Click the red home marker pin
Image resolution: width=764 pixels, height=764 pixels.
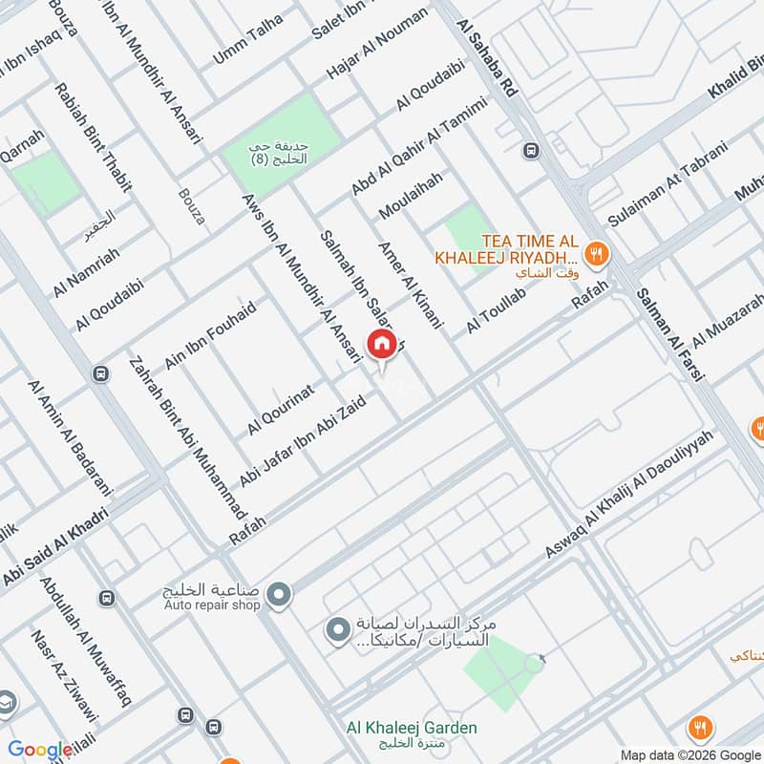[380, 345]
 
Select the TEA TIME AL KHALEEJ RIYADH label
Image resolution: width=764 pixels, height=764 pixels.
[506, 249]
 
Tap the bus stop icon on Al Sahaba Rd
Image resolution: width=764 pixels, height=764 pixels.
[530, 150]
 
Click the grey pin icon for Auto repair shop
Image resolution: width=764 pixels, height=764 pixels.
[279, 596]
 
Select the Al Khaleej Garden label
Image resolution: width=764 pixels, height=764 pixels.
[412, 728]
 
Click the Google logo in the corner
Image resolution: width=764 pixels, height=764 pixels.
[40, 749]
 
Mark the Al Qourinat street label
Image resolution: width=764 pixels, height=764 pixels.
[281, 409]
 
